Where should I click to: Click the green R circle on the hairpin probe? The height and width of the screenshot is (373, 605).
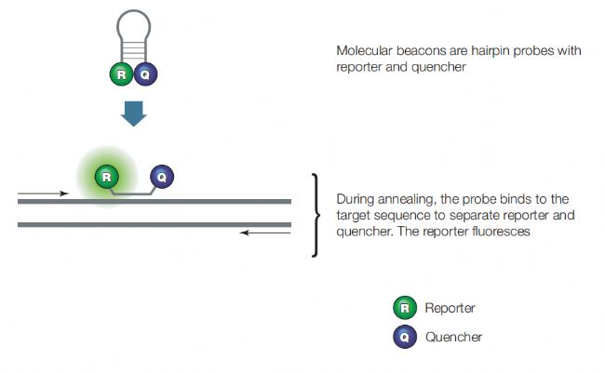pyautogui.click(x=122, y=74)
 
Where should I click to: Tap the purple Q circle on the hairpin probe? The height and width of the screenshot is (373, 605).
pyautogui.click(x=145, y=74)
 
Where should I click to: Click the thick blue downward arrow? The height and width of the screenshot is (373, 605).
pyautogui.click(x=133, y=113)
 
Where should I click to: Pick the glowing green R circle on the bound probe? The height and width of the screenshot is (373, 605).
pyautogui.click(x=106, y=177)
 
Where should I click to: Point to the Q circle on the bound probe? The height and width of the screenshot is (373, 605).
pyautogui.click(x=162, y=177)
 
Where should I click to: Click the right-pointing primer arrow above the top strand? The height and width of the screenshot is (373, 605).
pyautogui.click(x=43, y=193)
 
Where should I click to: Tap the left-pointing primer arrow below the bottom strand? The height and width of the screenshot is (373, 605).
pyautogui.click(x=265, y=233)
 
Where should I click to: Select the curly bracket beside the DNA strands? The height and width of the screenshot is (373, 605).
pyautogui.click(x=316, y=215)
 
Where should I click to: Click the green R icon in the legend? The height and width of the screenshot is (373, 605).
pyautogui.click(x=405, y=308)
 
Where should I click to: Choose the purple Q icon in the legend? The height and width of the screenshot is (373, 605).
pyautogui.click(x=405, y=337)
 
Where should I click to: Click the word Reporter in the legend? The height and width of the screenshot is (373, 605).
pyautogui.click(x=450, y=308)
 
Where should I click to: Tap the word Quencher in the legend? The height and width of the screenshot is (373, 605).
pyautogui.click(x=454, y=337)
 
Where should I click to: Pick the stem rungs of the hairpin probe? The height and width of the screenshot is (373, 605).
pyautogui.click(x=133, y=49)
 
